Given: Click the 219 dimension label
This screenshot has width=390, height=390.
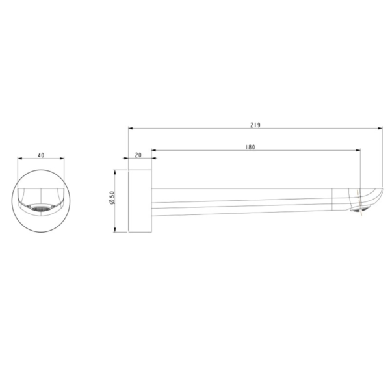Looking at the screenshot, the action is coord(255,125).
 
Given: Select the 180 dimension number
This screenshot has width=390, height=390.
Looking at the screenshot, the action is coord(250,148).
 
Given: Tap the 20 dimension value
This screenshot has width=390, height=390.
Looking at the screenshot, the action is coord(138,155).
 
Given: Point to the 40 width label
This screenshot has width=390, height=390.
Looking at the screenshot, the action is coord(41,155).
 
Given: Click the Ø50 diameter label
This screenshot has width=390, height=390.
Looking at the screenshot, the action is coord(112,198).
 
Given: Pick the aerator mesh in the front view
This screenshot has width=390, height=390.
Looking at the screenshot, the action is coord(40,208).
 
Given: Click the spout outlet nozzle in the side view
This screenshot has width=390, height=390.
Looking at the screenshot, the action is coord(360,209).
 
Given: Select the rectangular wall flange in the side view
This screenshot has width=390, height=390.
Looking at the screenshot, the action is coord(140,201).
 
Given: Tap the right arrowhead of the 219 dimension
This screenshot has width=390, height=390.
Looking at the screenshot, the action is coord(380,128).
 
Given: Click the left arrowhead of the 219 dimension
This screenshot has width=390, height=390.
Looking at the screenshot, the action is coord(131,128).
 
